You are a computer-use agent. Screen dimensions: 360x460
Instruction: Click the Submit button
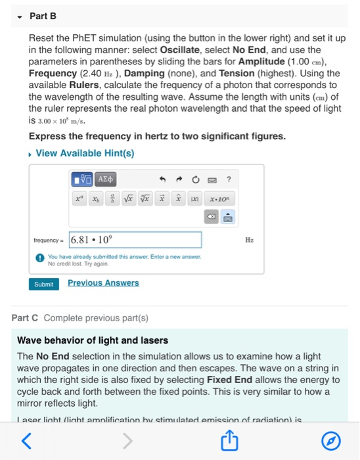coord(43,283)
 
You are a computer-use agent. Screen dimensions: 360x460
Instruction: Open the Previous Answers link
coord(103,283)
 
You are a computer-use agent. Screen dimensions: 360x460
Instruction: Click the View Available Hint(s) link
coord(85,153)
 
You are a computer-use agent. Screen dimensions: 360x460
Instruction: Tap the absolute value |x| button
coord(193,196)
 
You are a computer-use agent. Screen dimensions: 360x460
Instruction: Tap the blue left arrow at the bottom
coord(26,442)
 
